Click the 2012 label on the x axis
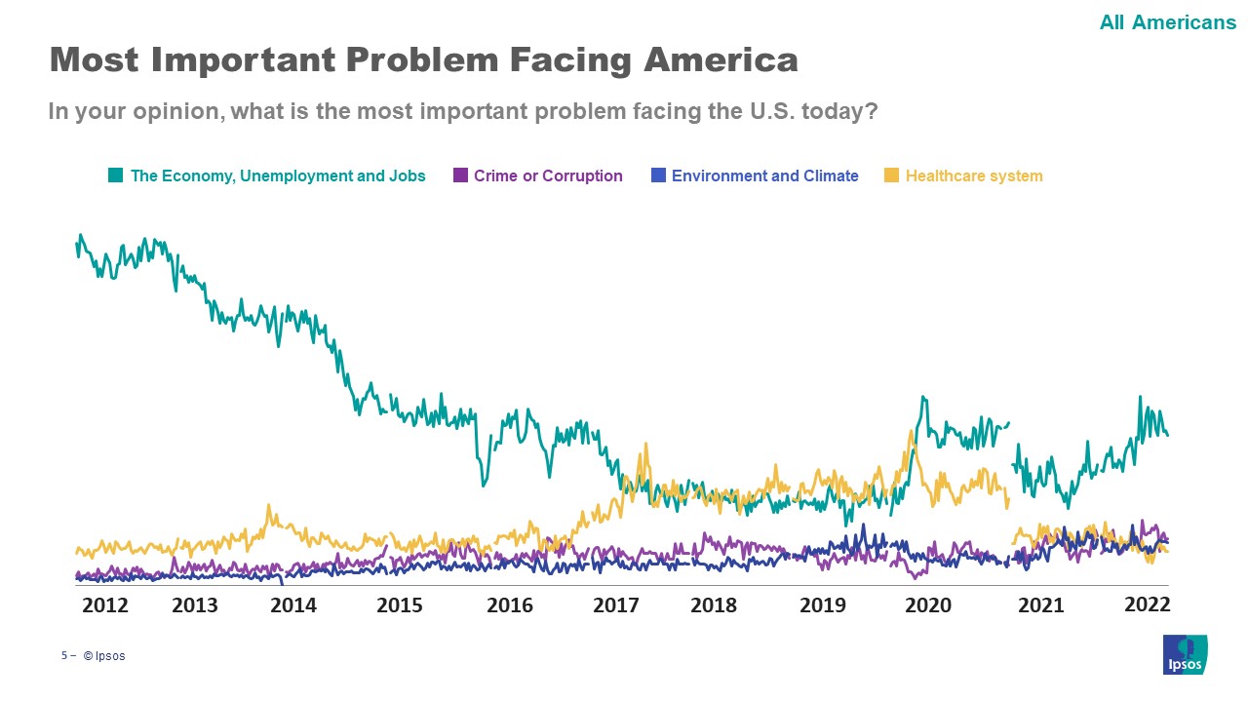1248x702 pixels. (105, 605)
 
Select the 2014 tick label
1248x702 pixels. (293, 605)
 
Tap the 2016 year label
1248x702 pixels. (510, 605)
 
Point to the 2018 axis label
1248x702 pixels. (714, 605)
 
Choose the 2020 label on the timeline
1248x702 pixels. (928, 605)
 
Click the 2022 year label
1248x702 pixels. (1147, 604)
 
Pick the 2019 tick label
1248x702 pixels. (823, 605)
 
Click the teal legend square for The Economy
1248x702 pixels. (116, 175)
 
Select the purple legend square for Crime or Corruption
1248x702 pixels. (460, 175)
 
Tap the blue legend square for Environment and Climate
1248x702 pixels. (658, 175)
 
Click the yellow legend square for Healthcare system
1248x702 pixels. (891, 175)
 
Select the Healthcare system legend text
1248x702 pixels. (974, 176)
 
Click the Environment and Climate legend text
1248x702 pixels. (764, 176)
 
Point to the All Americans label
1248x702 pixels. (1167, 22)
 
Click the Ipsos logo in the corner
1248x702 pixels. (1185, 654)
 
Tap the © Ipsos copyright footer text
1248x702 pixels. (104, 656)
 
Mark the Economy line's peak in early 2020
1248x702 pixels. (922, 398)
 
